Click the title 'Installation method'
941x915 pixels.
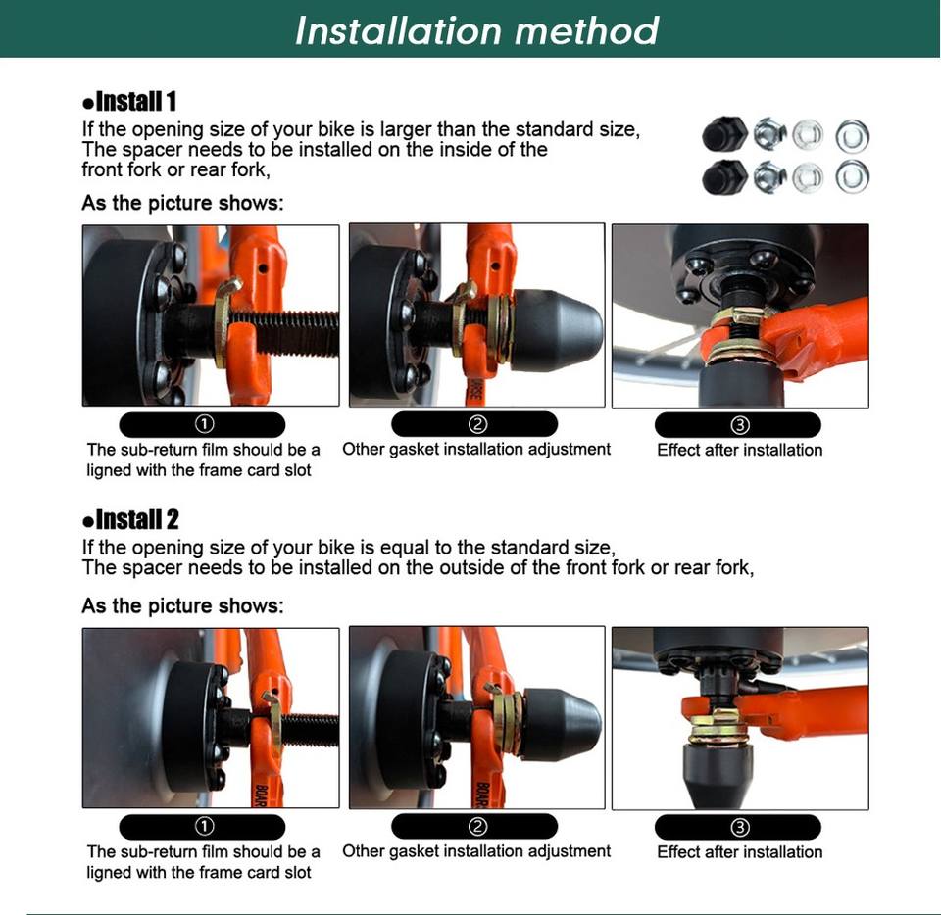pyautogui.click(x=477, y=30)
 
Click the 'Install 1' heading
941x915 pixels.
pyautogui.click(x=129, y=101)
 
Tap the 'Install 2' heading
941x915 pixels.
pyautogui.click(x=130, y=519)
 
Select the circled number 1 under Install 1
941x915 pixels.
pyautogui.click(x=204, y=424)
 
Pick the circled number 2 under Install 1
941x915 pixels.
pyautogui.click(x=477, y=424)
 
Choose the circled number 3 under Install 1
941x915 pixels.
pyautogui.click(x=739, y=425)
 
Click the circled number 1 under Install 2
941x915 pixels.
pyautogui.click(x=204, y=827)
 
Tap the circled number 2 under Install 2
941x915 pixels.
pyautogui.click(x=477, y=827)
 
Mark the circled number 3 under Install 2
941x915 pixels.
pyautogui.click(x=739, y=828)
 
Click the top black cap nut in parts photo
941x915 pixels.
pyautogui.click(x=724, y=134)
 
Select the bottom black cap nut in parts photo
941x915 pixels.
pyautogui.click(x=724, y=177)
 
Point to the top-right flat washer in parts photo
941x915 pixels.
pyautogui.click(x=852, y=136)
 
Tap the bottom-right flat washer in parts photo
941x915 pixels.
pyautogui.click(x=852, y=177)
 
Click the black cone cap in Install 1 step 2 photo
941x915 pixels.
pyautogui.click(x=555, y=331)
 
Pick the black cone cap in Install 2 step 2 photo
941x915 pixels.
pyautogui.click(x=561, y=724)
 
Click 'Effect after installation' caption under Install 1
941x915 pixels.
pyautogui.click(x=739, y=451)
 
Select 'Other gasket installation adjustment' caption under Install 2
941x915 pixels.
pyautogui.click(x=476, y=851)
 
